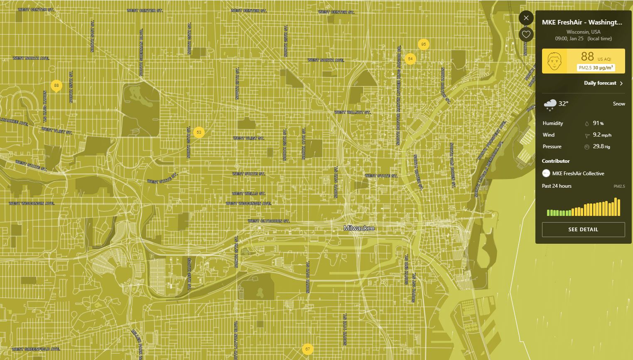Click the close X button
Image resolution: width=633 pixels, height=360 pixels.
526,18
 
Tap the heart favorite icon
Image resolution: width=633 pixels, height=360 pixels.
526,34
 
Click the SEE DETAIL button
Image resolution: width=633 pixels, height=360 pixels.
583,230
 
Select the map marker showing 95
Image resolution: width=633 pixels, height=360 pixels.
423,44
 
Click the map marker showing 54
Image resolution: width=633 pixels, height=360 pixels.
410,59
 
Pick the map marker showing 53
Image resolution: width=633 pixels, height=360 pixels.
199,132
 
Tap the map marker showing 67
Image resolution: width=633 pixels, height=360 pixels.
307,349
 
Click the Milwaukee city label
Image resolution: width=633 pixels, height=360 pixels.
359,228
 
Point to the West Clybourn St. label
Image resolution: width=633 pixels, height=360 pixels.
268,221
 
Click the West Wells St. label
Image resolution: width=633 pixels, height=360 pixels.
248,193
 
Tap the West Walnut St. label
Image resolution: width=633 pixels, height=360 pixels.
353,112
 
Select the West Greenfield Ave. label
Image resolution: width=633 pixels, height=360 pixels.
36,349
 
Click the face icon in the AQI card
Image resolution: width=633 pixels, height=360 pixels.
554,61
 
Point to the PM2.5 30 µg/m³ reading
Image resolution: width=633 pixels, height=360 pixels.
596,68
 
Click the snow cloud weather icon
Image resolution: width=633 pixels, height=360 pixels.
550,104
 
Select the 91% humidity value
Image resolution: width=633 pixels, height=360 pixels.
598,123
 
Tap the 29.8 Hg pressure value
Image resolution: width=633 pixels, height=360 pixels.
601,147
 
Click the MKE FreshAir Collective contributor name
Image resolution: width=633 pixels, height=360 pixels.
578,174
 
